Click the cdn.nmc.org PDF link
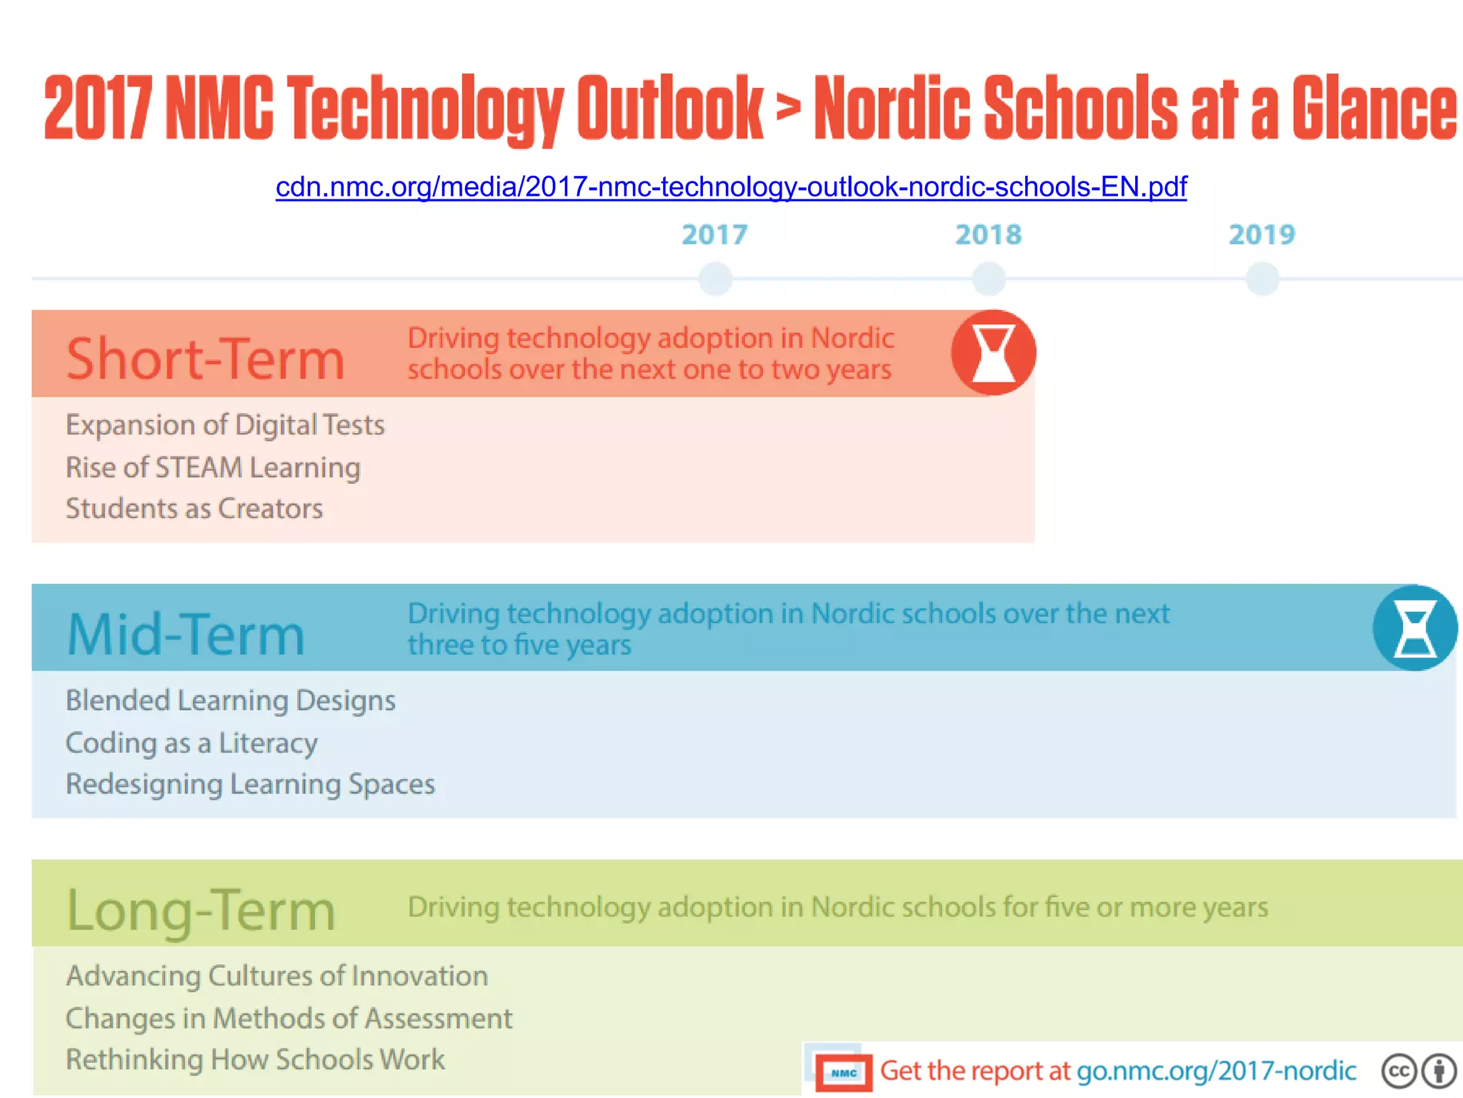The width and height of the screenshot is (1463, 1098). coord(731,187)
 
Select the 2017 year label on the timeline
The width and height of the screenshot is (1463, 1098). coord(714,234)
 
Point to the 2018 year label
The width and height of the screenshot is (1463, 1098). coord(989,234)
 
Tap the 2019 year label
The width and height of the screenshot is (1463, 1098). coord(1262,234)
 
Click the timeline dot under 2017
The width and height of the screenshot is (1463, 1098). coord(715,278)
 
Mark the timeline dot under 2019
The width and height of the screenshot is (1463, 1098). coord(1262,278)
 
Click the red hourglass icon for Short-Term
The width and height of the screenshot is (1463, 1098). coord(993,352)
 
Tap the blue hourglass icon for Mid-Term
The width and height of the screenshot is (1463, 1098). coord(1414,628)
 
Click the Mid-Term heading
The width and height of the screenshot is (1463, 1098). coord(186,634)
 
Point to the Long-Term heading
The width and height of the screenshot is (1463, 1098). coord(201,910)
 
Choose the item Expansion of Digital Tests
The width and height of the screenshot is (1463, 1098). coord(225,425)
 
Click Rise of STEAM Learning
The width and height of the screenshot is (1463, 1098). coord(213,468)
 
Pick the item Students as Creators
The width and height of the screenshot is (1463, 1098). coord(194,509)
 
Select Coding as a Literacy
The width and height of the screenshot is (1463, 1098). coord(191,743)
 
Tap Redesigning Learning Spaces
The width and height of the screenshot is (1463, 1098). coord(250,784)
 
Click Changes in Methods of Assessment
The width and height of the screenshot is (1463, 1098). coord(289,1019)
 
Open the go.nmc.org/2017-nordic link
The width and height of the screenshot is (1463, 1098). coord(1216,1071)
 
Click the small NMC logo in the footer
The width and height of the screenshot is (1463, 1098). coord(844,1073)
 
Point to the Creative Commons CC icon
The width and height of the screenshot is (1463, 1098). coord(1399,1071)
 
